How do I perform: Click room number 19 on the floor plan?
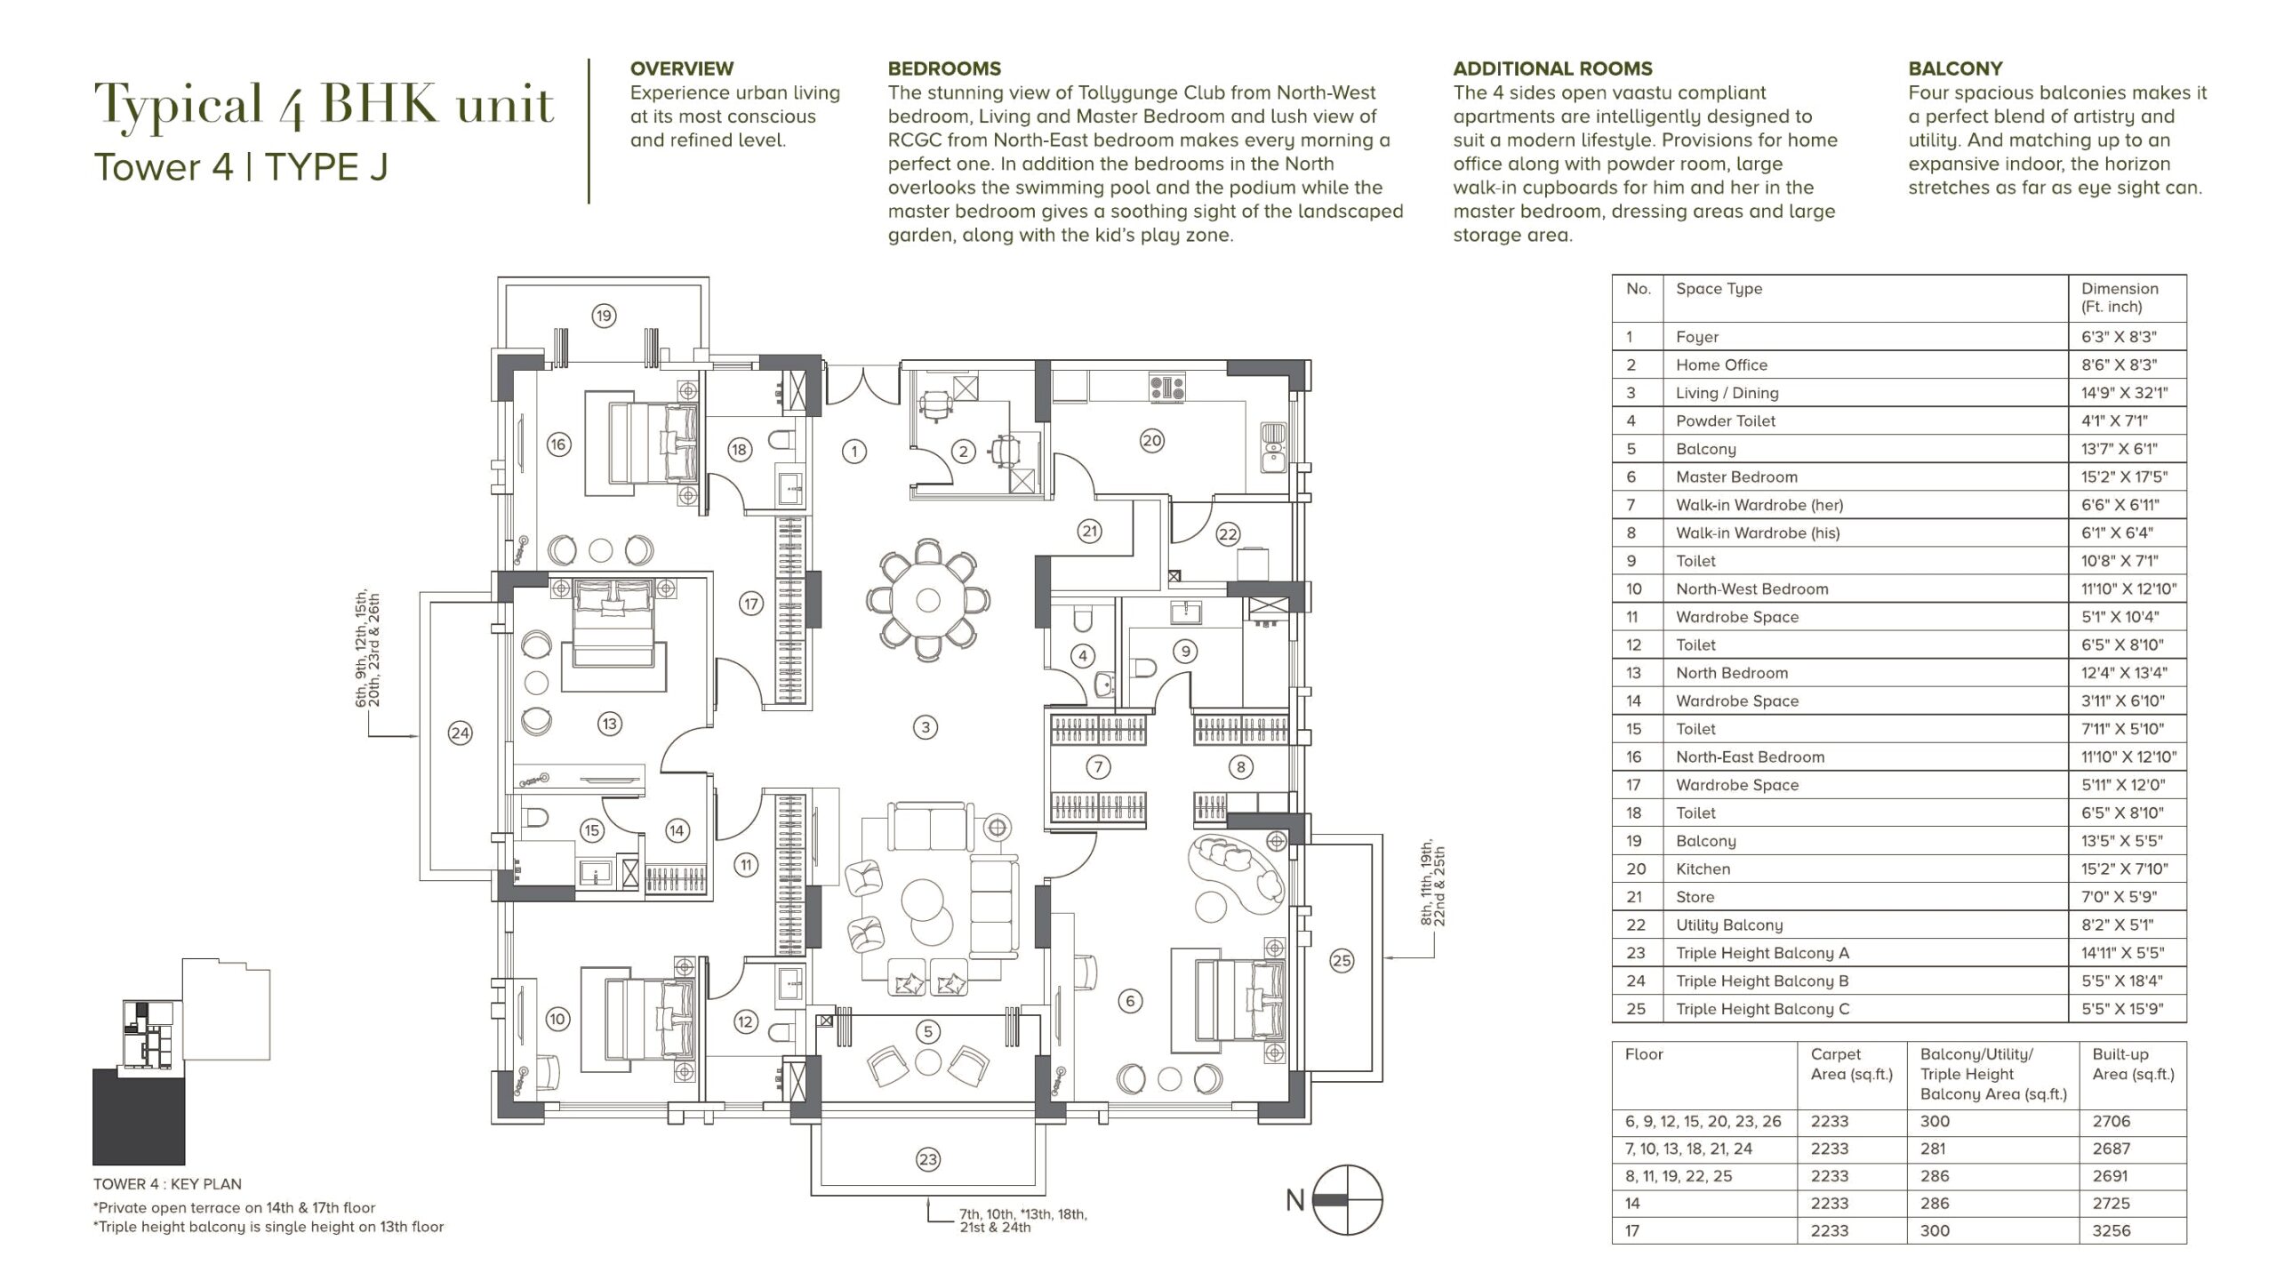tap(604, 316)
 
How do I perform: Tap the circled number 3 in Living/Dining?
tap(926, 727)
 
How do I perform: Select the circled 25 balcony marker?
tap(1342, 960)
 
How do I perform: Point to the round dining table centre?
tap(927, 600)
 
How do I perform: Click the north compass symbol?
tap(1348, 1199)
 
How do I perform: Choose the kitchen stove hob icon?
tap(1167, 387)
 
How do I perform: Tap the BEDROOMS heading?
tap(944, 68)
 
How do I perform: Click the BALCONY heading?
tap(1955, 68)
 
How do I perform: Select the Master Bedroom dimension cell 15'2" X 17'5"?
tap(2124, 477)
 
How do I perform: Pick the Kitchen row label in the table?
tap(1703, 869)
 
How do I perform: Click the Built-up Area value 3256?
tap(2112, 1231)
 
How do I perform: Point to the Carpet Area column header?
tap(1852, 1064)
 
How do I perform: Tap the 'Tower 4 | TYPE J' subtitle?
tap(241, 167)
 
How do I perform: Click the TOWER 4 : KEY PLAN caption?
tap(167, 1184)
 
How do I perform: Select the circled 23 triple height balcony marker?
tap(927, 1159)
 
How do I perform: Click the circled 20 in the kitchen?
tap(1151, 440)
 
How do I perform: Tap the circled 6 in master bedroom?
tap(1130, 1001)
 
